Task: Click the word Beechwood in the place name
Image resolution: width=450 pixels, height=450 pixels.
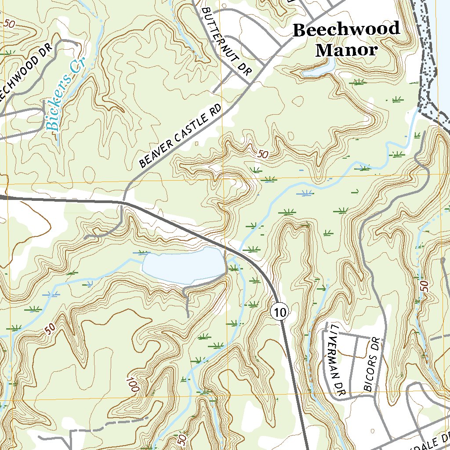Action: coord(346,30)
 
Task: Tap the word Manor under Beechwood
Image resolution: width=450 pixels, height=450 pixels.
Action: coord(346,50)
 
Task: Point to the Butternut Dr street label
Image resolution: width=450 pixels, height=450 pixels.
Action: coord(224,42)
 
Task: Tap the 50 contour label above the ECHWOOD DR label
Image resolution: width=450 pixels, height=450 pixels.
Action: coord(9,24)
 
